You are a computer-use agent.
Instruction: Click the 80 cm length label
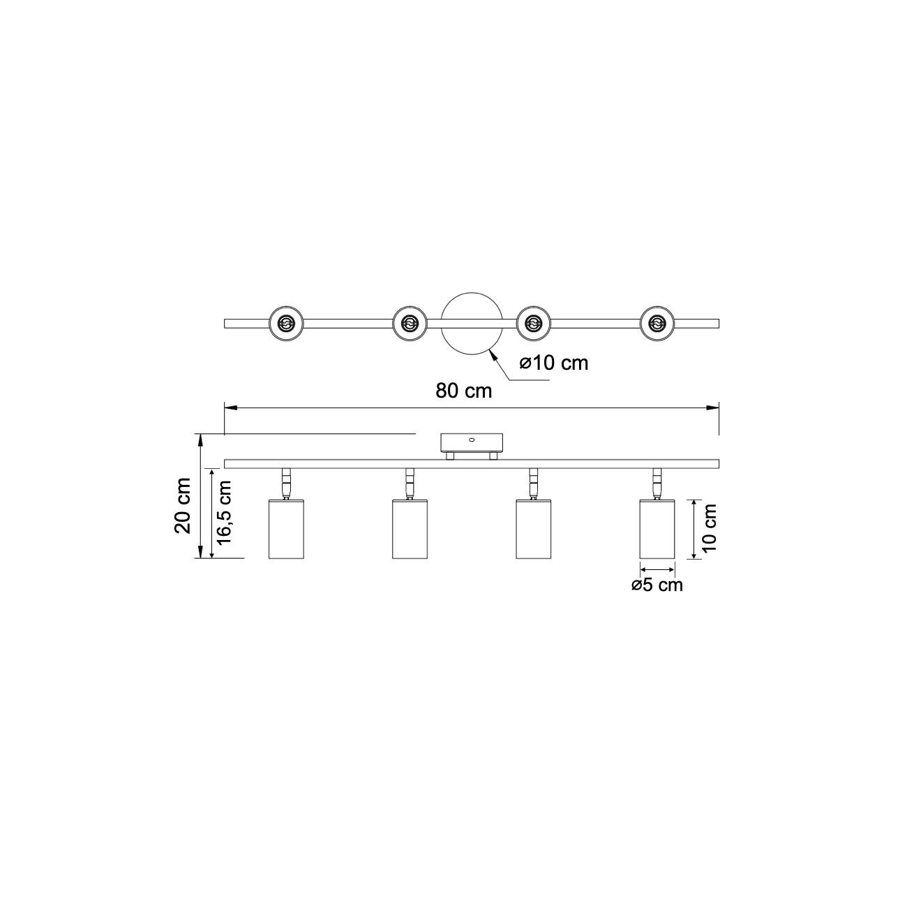coord(463,391)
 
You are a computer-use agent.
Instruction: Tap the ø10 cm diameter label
coord(554,363)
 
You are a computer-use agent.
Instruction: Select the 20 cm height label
coord(183,505)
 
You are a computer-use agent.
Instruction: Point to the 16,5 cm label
coord(225,512)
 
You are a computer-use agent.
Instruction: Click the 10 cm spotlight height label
coord(708,527)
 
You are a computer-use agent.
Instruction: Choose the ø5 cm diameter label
coord(657,585)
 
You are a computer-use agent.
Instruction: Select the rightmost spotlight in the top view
coord(657,323)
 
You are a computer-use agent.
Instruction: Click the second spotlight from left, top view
coord(410,323)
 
